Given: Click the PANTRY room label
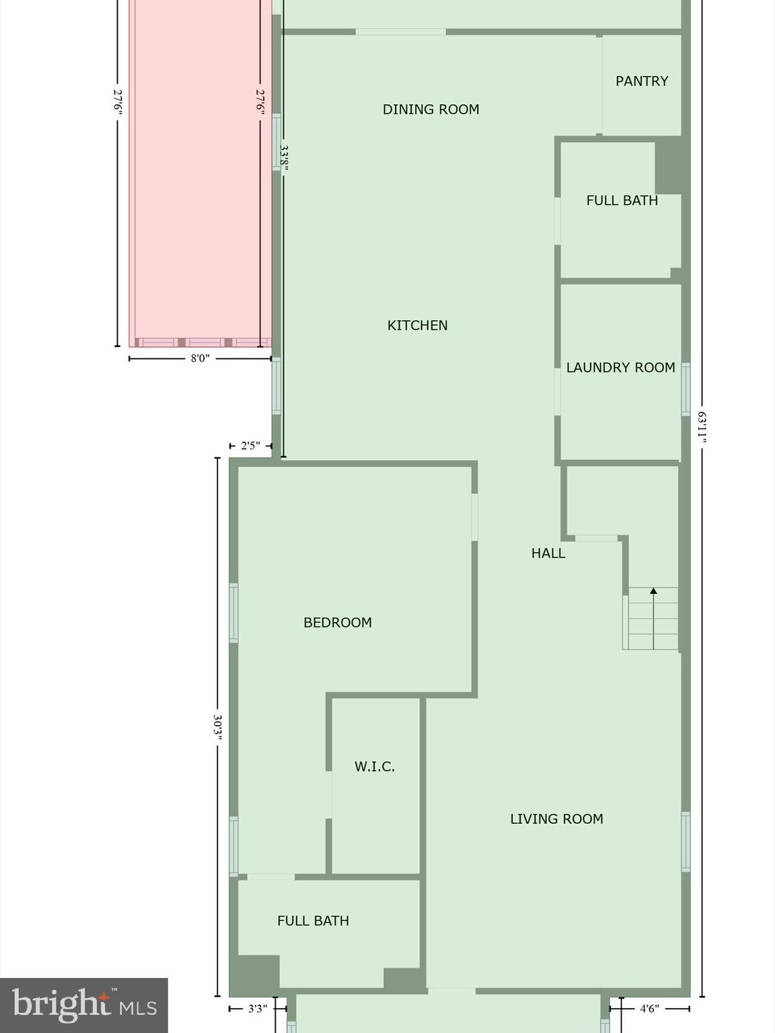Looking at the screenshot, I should (642, 81).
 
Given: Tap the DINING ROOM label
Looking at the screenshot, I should (431, 110).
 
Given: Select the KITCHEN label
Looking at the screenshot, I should (417, 326).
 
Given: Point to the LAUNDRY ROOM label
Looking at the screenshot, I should (620, 368).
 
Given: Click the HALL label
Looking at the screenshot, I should (548, 553).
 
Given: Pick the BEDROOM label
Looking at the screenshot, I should (337, 623).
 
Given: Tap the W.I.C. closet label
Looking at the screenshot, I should (374, 767).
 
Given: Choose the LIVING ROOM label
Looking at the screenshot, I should (556, 819).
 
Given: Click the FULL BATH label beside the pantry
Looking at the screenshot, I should (622, 200).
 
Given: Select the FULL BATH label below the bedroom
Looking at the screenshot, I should (313, 921).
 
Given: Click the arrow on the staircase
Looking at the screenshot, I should (653, 592).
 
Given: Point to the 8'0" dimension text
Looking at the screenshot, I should (200, 358).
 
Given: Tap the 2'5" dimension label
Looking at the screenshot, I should (250, 445).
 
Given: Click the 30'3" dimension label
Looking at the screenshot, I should (217, 727).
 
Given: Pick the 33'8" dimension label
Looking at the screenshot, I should (284, 158).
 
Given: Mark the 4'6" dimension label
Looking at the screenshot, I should (649, 1008).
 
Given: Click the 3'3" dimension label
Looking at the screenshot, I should (258, 1008).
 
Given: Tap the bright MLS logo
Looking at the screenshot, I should (83, 1005).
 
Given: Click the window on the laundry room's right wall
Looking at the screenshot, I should (686, 389).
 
